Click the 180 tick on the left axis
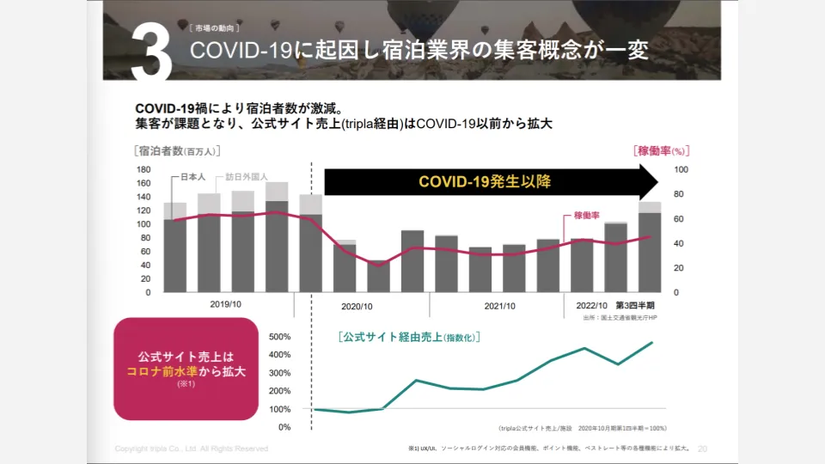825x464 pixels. click(x=144, y=169)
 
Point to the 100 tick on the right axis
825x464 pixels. click(x=681, y=169)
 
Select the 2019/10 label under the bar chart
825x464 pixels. click(x=225, y=305)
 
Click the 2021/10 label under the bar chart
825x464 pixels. click(x=499, y=305)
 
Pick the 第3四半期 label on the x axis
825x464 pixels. click(x=634, y=305)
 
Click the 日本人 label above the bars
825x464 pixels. click(x=191, y=177)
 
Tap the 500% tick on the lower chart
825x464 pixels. click(x=280, y=337)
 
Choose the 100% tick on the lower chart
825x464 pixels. click(x=280, y=409)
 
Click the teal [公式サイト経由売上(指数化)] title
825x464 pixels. click(x=408, y=337)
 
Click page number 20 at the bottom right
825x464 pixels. click(x=702, y=449)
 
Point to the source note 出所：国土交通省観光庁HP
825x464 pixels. click(x=620, y=318)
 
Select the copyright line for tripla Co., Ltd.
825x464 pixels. click(x=192, y=449)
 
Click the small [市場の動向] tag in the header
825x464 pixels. click(x=209, y=28)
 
